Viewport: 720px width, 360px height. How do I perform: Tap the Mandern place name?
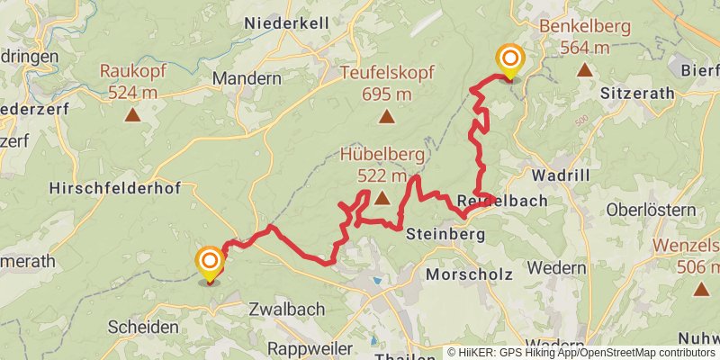point(247,79)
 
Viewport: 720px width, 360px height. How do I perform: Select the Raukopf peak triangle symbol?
point(133,114)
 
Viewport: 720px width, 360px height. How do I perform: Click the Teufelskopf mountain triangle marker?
point(386,116)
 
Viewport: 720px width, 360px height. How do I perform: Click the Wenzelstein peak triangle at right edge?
point(702,289)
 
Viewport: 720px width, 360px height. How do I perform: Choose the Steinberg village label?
point(445,234)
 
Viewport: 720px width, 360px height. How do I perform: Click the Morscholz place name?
point(469,274)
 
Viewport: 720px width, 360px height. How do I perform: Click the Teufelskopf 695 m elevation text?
point(376,94)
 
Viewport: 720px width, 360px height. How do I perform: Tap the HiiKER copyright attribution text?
point(580,352)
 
